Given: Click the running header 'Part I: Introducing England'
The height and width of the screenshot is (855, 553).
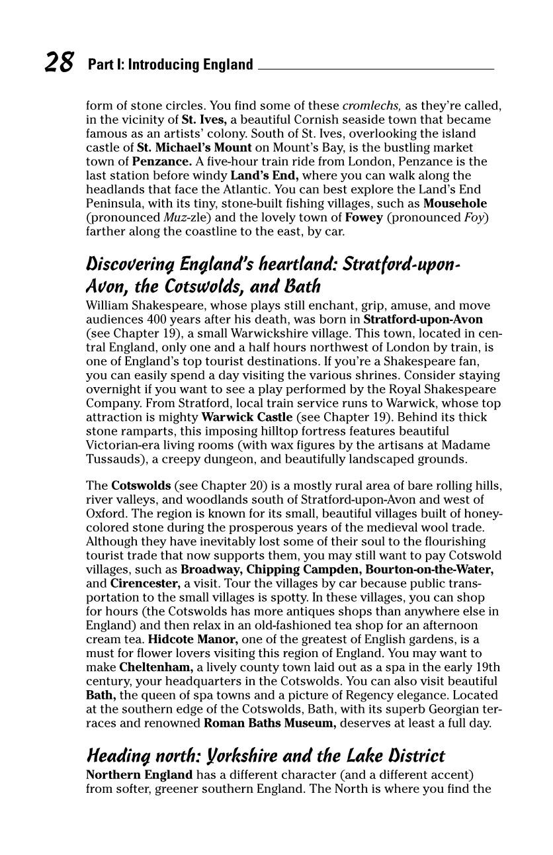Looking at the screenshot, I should click(170, 65).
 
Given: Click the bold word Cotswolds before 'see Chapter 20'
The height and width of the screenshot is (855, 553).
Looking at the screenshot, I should click(141, 486).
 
